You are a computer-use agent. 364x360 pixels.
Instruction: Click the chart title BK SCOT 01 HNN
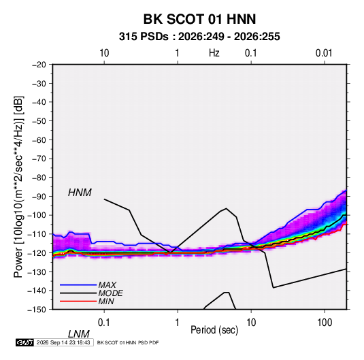pos(199,19)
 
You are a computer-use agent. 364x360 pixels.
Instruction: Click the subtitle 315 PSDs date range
pos(199,37)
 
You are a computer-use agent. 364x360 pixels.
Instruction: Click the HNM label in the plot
pos(80,193)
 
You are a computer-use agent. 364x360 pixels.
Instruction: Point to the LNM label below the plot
pos(78,334)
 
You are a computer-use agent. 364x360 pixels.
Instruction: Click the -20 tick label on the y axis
pos(39,65)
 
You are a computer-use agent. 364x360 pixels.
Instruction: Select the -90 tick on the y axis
pos(39,196)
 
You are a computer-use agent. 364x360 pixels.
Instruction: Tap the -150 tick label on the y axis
pos(37,310)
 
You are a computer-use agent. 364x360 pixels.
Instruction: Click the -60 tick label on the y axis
pos(39,140)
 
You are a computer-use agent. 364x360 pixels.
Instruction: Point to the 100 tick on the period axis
pos(325,323)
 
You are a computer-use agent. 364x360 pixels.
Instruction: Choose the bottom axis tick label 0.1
pos(104,323)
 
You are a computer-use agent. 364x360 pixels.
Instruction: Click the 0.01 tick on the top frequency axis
pos(324,53)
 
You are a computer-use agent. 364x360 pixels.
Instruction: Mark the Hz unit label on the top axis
pos(214,53)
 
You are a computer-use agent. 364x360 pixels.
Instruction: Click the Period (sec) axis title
pos(214,330)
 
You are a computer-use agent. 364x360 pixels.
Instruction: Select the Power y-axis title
pos(18,186)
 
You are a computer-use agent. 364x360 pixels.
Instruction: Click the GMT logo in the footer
pos(24,342)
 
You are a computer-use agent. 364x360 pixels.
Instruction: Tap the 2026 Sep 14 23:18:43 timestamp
pos(63,342)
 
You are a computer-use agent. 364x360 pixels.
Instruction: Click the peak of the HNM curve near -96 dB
pos(226,208)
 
